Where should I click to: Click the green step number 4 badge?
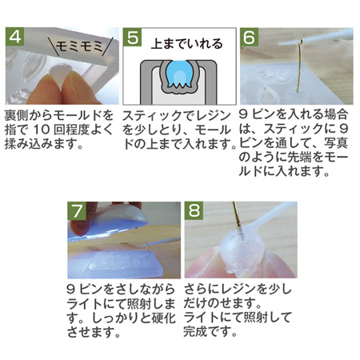click(14, 36)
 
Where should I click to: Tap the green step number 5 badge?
click(132, 37)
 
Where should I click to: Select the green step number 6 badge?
click(249, 37)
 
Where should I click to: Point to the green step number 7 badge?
click(77, 211)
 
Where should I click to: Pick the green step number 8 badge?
click(194, 210)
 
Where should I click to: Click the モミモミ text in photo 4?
click(79, 47)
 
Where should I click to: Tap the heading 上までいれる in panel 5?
click(186, 44)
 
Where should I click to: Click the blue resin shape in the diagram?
click(179, 74)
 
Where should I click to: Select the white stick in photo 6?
click(316, 38)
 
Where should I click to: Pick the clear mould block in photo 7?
click(125, 263)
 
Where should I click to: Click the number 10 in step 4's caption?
click(42, 130)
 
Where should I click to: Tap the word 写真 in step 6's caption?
click(336, 142)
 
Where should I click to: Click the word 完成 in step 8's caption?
click(195, 331)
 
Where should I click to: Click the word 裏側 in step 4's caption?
click(17, 115)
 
